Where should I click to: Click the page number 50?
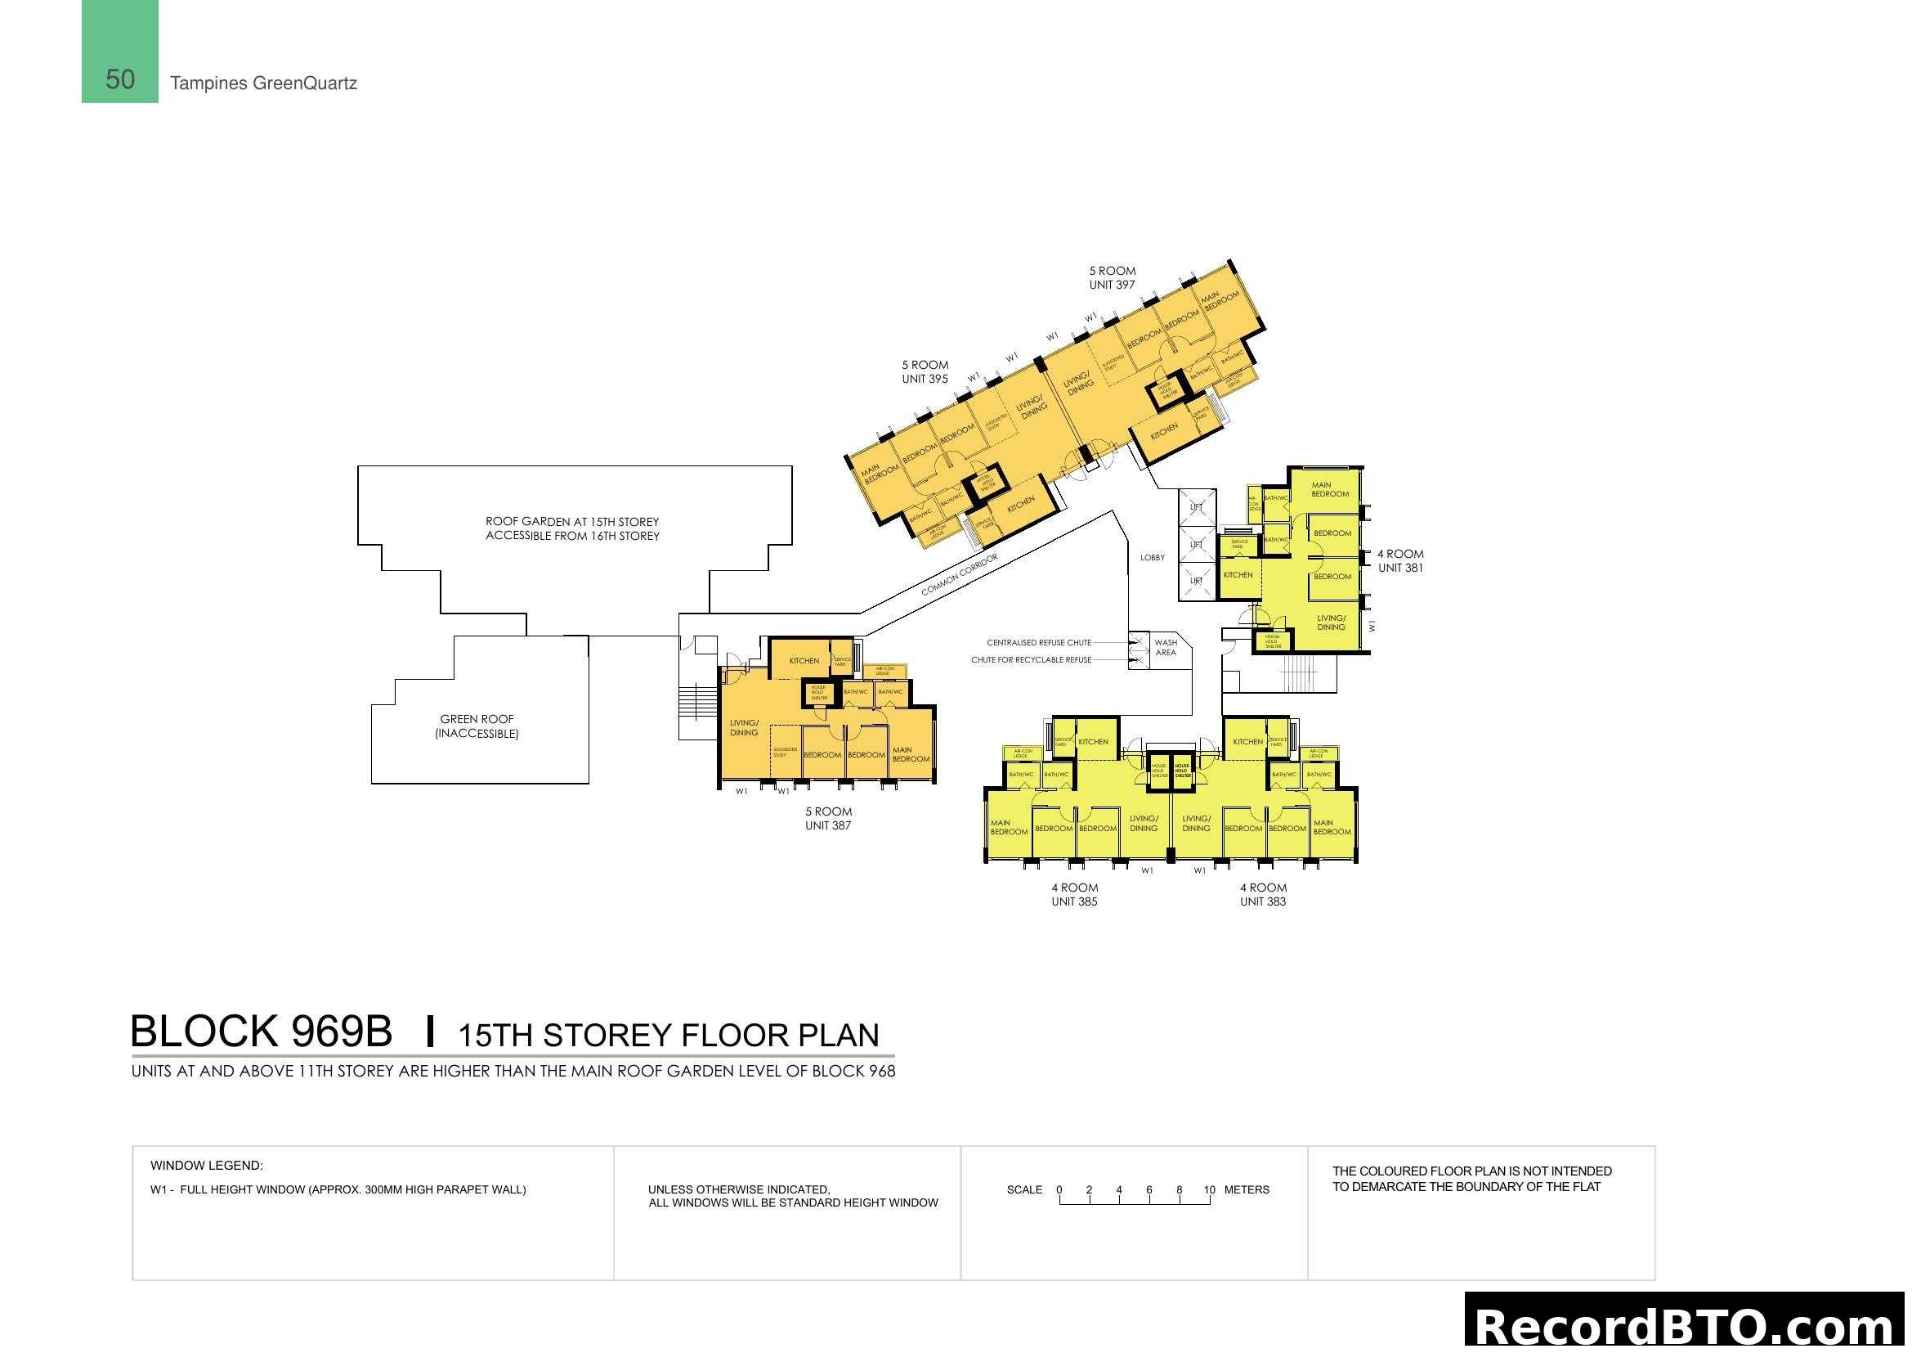tap(120, 79)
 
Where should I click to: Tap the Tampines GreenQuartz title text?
tap(263, 83)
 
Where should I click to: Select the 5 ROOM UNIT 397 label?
tap(1112, 277)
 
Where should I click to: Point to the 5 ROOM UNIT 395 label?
tap(925, 371)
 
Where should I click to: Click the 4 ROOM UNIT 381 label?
tap(1399, 560)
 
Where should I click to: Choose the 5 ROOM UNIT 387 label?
tap(828, 818)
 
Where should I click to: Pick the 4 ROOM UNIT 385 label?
tap(1074, 894)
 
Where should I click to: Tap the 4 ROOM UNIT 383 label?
tap(1262, 894)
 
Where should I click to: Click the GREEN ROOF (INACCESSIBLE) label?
tap(477, 726)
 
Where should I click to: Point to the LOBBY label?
tap(1153, 557)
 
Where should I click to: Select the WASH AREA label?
tap(1166, 647)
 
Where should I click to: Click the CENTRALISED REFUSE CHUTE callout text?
tap(1038, 642)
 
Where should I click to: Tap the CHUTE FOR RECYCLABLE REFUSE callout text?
tap(1031, 660)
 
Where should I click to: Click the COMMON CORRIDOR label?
tap(960, 575)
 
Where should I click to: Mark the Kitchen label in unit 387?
tap(804, 661)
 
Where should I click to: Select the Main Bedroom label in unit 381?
tap(1329, 489)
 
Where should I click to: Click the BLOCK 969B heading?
tap(262, 1032)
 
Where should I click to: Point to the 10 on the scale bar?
tap(1209, 1189)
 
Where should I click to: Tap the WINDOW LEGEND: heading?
tap(207, 1166)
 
